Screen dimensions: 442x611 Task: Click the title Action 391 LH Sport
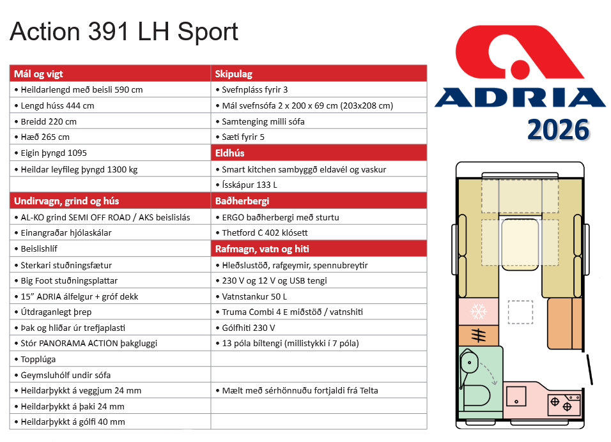coord(124,32)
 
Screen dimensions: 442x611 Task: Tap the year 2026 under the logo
coord(557,129)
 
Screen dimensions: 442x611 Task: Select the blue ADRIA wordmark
coord(520,97)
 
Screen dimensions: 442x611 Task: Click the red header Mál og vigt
coord(38,73)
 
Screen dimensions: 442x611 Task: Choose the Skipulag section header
coord(233,73)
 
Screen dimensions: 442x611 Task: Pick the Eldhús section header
coord(230,153)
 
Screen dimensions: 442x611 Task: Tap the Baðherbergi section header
coord(241,201)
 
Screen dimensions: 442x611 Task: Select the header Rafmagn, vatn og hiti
coord(262,249)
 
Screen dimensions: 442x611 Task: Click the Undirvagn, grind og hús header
coord(66,201)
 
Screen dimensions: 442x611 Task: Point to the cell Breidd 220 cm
coord(45,121)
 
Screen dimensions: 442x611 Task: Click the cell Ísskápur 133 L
coord(250,185)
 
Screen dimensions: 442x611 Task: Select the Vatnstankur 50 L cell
coord(254,296)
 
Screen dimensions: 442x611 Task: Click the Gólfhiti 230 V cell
coord(249,328)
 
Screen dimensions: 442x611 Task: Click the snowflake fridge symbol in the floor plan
coord(478,312)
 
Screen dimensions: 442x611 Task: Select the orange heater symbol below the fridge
coord(478,335)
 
